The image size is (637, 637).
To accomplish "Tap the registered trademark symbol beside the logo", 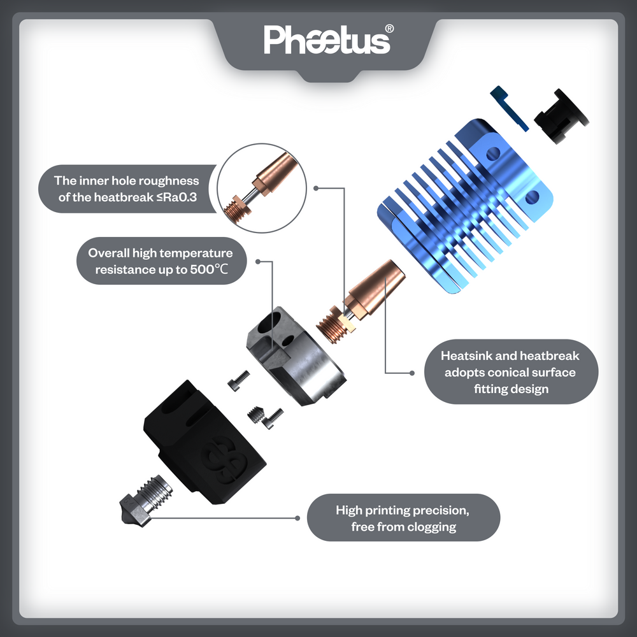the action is tap(389, 29).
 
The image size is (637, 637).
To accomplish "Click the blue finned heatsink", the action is tap(465, 206).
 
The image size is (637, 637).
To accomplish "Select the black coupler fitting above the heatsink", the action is tap(561, 116).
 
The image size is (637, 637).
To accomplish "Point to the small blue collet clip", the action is tap(508, 108).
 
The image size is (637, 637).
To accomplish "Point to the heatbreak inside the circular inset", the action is tap(260, 187).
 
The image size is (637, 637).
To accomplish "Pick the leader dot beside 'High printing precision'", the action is tap(297, 518).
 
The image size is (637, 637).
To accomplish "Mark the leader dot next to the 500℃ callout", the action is tap(258, 262).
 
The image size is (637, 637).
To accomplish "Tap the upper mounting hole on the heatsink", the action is tap(493, 154).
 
